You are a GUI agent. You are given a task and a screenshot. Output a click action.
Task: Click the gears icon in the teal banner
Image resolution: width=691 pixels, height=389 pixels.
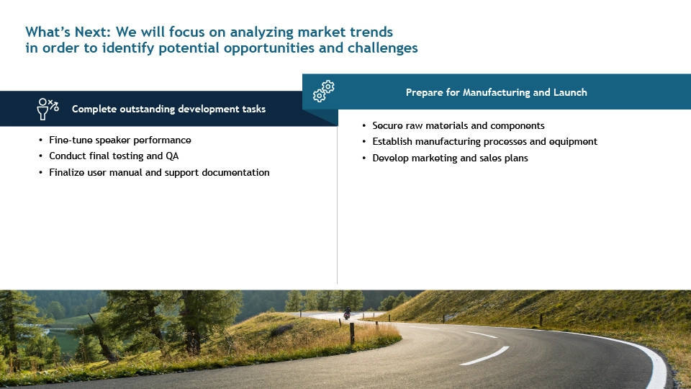click(323, 91)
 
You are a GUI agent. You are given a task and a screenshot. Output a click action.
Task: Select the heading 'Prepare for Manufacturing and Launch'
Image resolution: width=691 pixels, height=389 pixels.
click(496, 92)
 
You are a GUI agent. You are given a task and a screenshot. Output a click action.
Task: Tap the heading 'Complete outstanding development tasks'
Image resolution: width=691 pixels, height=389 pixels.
click(168, 109)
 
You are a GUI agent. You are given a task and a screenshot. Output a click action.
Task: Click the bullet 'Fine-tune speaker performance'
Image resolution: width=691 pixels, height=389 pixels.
click(120, 140)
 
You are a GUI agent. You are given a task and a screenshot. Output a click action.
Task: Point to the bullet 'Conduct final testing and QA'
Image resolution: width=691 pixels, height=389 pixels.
click(114, 156)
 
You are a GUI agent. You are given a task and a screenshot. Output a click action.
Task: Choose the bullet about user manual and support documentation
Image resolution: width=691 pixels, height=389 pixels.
click(159, 172)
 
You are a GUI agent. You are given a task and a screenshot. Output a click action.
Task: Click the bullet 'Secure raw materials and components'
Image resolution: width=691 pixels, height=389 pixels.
click(459, 125)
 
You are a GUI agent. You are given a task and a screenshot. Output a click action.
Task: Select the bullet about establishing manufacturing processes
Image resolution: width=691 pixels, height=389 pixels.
click(484, 142)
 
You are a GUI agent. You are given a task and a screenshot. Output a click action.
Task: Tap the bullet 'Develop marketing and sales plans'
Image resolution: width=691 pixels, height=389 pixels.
click(450, 158)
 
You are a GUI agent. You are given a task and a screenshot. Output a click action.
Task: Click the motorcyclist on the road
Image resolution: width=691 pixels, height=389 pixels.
click(347, 313)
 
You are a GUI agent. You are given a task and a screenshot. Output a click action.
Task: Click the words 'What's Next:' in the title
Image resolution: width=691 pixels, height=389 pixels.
click(68, 32)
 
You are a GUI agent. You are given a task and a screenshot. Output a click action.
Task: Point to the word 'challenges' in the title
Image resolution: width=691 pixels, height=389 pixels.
click(382, 48)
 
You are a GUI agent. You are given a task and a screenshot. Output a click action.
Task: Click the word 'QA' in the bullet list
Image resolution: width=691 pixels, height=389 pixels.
click(172, 156)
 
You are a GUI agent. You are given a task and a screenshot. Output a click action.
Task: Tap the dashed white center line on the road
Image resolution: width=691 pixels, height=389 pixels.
click(484, 355)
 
